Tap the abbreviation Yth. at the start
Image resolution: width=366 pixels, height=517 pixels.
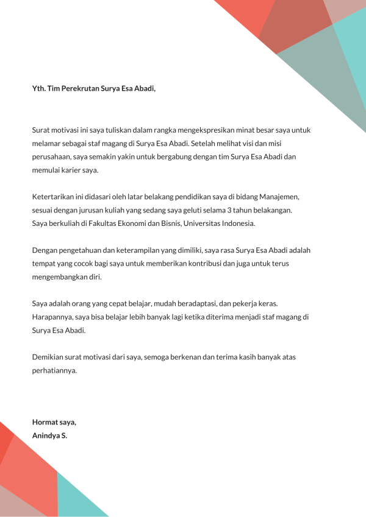pyautogui.click(x=38, y=88)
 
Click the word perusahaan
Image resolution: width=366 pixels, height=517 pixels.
pyautogui.click(x=52, y=157)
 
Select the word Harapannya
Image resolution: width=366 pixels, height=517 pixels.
pyautogui.click(x=52, y=317)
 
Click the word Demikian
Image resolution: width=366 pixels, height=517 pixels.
pyautogui.click(x=48, y=357)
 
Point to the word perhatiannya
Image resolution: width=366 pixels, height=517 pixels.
pyautogui.click(x=55, y=370)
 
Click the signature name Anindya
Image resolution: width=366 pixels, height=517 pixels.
pyautogui.click(x=46, y=435)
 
